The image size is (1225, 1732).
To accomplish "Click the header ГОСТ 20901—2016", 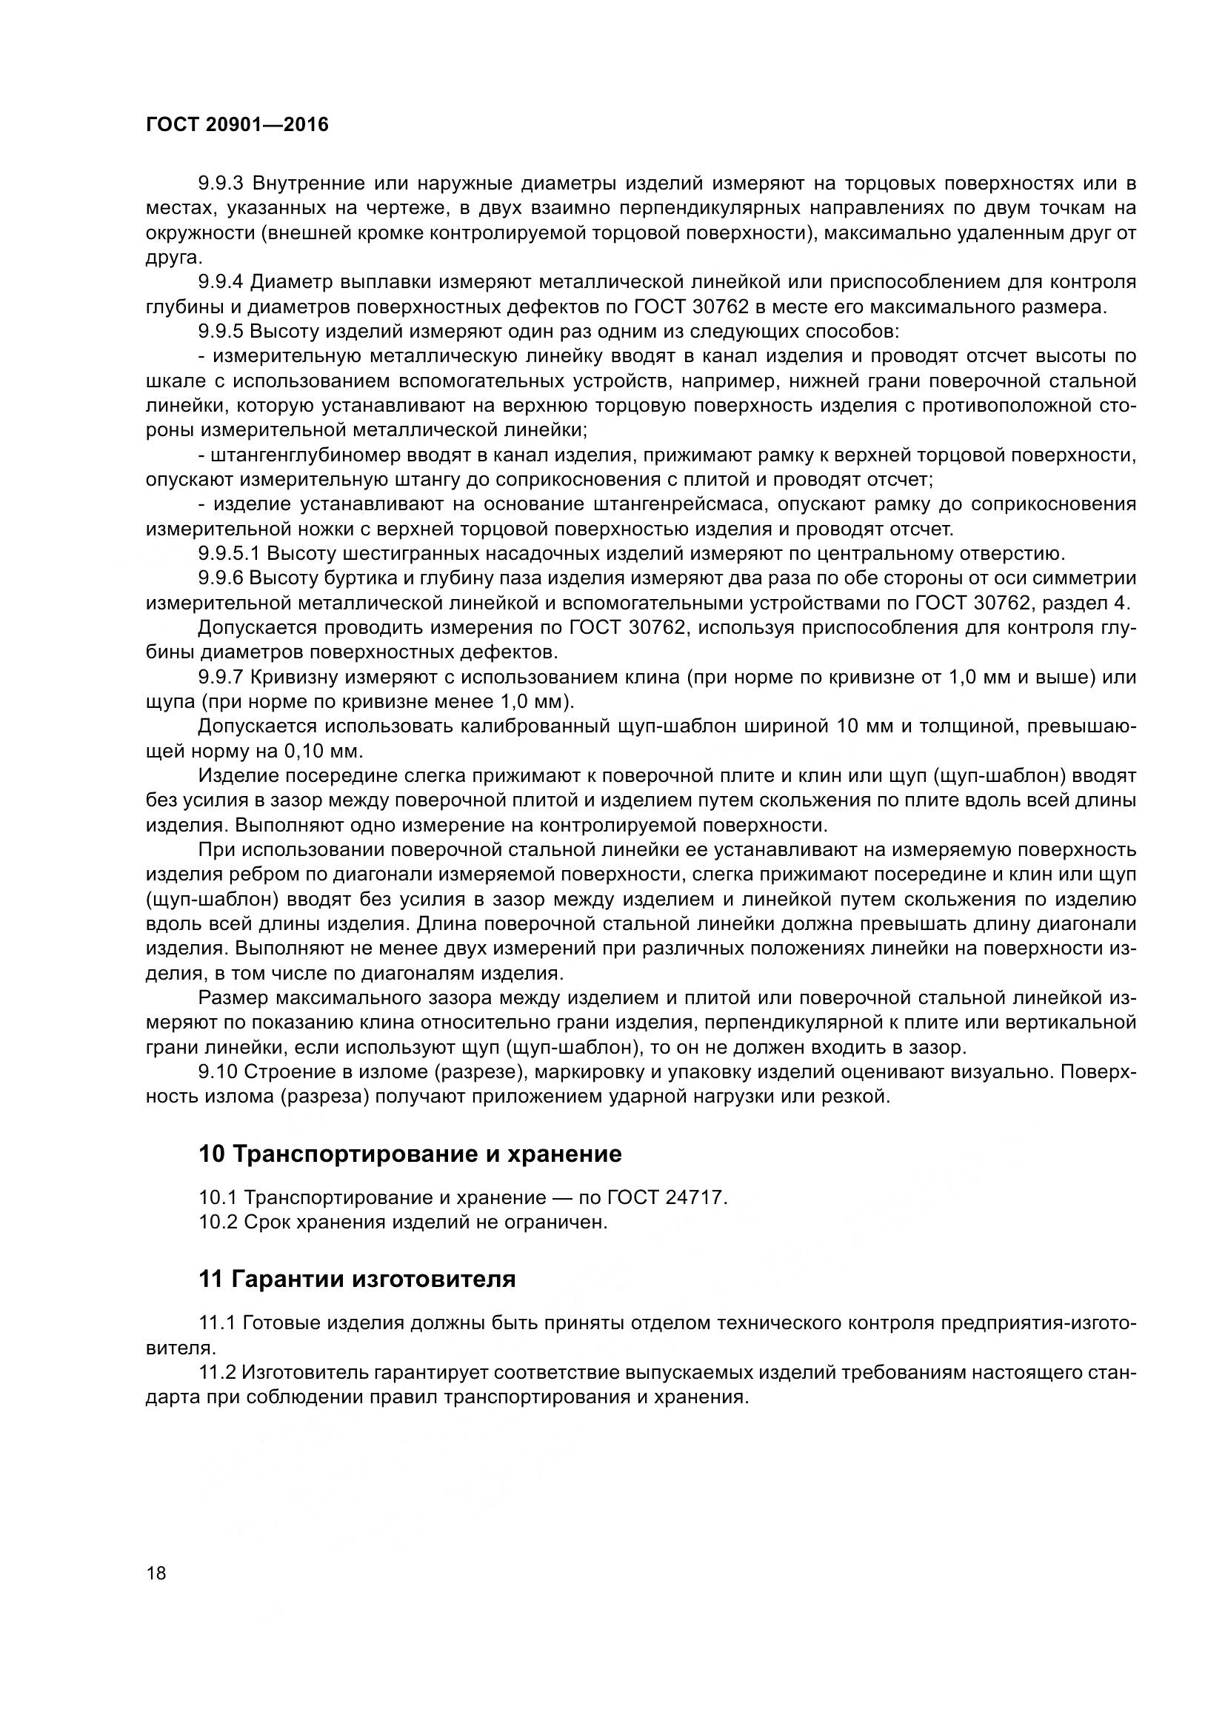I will click(237, 125).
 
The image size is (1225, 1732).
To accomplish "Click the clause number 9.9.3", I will click(221, 184).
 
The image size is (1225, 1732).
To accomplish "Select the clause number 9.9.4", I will click(221, 282).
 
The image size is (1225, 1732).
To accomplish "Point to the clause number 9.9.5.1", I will click(229, 554).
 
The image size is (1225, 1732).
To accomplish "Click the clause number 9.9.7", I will click(221, 678).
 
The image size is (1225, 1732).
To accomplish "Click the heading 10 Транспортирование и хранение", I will click(410, 1154).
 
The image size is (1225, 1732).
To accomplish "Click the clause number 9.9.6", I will click(221, 578).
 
